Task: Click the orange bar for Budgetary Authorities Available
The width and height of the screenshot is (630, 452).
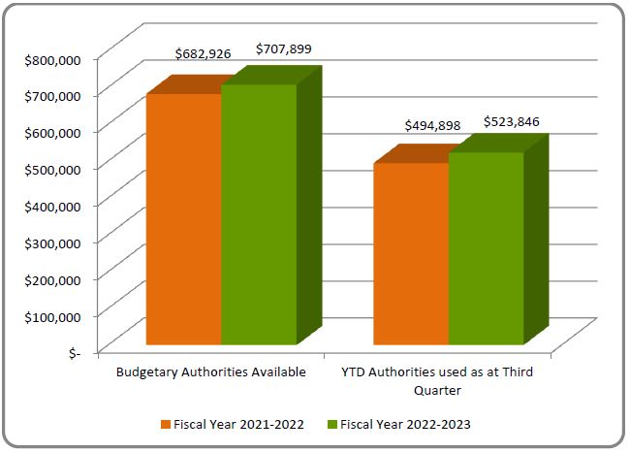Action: tap(183, 218)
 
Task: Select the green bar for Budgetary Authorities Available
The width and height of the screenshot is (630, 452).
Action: tap(259, 213)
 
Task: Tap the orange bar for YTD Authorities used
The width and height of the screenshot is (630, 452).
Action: tap(410, 253)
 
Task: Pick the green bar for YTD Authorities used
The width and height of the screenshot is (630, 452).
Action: tap(486, 247)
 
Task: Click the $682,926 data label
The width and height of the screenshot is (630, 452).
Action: tap(203, 54)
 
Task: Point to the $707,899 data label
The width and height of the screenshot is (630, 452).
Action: tap(283, 48)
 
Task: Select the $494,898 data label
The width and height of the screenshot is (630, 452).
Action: tap(432, 125)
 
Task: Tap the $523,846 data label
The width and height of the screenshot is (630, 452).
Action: tap(511, 121)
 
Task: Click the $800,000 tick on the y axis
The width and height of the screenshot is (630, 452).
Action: tap(53, 59)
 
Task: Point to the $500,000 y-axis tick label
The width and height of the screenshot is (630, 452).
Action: tap(53, 169)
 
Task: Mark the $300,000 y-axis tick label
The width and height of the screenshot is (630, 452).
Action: tap(53, 242)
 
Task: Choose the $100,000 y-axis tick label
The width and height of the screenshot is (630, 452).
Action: tap(53, 316)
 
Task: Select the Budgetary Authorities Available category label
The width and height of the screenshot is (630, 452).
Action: tap(211, 371)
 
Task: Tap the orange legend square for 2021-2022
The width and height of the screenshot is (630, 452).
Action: tap(166, 424)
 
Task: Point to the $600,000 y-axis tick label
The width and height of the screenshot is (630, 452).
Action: tap(53, 132)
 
